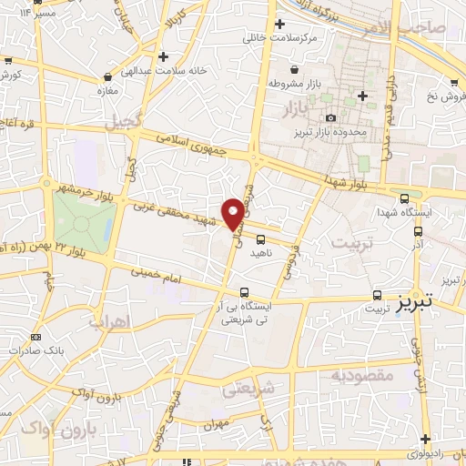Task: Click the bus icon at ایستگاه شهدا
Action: [404, 198]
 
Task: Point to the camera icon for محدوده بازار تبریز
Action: [330, 118]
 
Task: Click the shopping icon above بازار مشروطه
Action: [293, 69]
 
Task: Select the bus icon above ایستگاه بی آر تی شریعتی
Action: [243, 292]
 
